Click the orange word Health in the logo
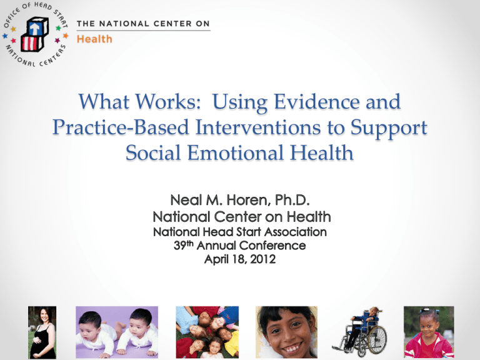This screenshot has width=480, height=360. pyautogui.click(x=94, y=39)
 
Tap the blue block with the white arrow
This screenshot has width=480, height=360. pyautogui.click(x=37, y=27)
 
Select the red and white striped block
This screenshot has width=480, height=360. pyautogui.click(x=32, y=43)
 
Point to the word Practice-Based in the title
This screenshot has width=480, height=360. pyautogui.click(x=121, y=127)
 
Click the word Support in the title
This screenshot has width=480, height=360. pyautogui.click(x=389, y=128)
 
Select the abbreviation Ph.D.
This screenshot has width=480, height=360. pyautogui.click(x=292, y=200)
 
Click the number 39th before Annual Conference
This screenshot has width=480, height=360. pyautogui.click(x=183, y=245)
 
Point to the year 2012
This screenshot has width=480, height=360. pyautogui.click(x=262, y=259)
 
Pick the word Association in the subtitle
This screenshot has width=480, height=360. pyautogui.click(x=296, y=232)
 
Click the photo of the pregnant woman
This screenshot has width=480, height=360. pyautogui.click(x=42, y=332)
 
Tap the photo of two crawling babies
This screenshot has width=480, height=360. pyautogui.click(x=117, y=332)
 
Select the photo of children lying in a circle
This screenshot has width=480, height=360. pyautogui.click(x=207, y=332)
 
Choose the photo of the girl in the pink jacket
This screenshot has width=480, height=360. pyautogui.click(x=429, y=332)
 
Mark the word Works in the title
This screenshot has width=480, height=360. pyautogui.click(x=167, y=102)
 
